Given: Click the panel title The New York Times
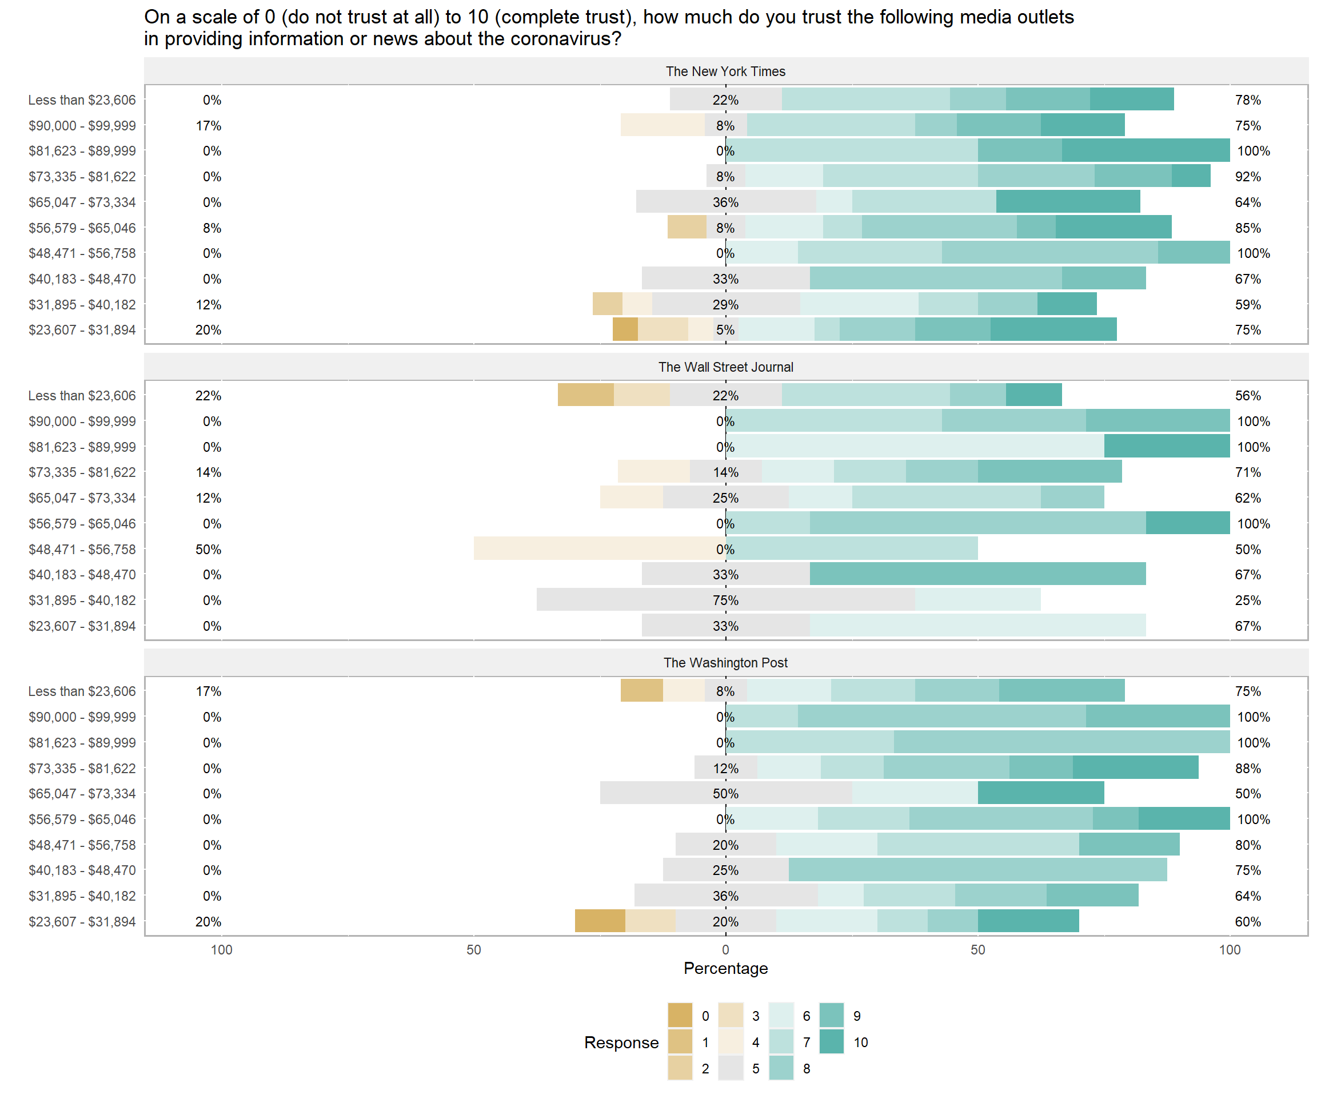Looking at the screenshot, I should pyautogui.click(x=725, y=71).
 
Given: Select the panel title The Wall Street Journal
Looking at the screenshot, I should pyautogui.click(x=725, y=367).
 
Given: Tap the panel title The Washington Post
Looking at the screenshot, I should pyautogui.click(x=725, y=663).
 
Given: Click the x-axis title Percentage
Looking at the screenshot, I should pyautogui.click(x=725, y=968).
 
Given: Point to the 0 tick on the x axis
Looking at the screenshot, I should pyautogui.click(x=725, y=950).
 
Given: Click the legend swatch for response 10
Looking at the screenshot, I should pyautogui.click(x=832, y=1042).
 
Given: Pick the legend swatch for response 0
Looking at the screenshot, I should pyautogui.click(x=680, y=1016).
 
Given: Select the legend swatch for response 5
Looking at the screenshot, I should pyautogui.click(x=731, y=1068).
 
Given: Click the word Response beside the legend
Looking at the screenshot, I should pyautogui.click(x=621, y=1042).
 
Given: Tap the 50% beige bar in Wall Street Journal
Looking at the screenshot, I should pyautogui.click(x=599, y=549).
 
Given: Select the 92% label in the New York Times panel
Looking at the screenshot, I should pyautogui.click(x=1248, y=177).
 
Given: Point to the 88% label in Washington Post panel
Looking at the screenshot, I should pyautogui.click(x=1248, y=769).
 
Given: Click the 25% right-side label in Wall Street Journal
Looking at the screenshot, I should pyautogui.click(x=1248, y=600).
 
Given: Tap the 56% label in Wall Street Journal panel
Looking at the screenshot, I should pyautogui.click(x=1248, y=396).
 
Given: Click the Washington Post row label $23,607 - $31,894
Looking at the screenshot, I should pyautogui.click(x=82, y=922).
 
